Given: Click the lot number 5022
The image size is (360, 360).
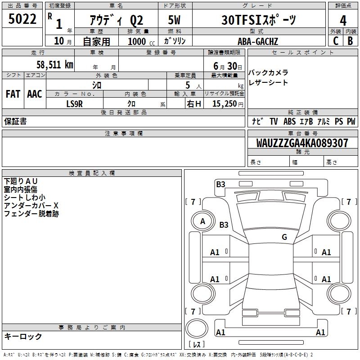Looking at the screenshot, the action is coord(22,19).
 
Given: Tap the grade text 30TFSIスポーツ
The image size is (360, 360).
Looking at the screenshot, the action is coord(259,20).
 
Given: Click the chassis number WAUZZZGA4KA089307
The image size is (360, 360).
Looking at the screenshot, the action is coord(302,143).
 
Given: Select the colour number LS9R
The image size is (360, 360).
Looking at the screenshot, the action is coord(75,103).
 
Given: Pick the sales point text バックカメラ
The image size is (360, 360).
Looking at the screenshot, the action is coord(268,73).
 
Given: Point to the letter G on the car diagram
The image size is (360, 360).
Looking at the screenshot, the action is coord(284,237).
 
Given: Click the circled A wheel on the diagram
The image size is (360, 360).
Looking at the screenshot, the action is coord(202,221).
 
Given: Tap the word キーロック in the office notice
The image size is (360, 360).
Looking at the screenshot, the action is coord(23,336).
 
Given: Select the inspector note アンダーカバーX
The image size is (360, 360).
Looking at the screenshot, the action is coord(31,206).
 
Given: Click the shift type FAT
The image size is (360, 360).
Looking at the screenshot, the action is coord(13,94).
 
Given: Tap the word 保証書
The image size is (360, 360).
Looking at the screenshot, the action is coord(15,121).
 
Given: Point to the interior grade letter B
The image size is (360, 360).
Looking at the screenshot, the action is coord(350,41).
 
